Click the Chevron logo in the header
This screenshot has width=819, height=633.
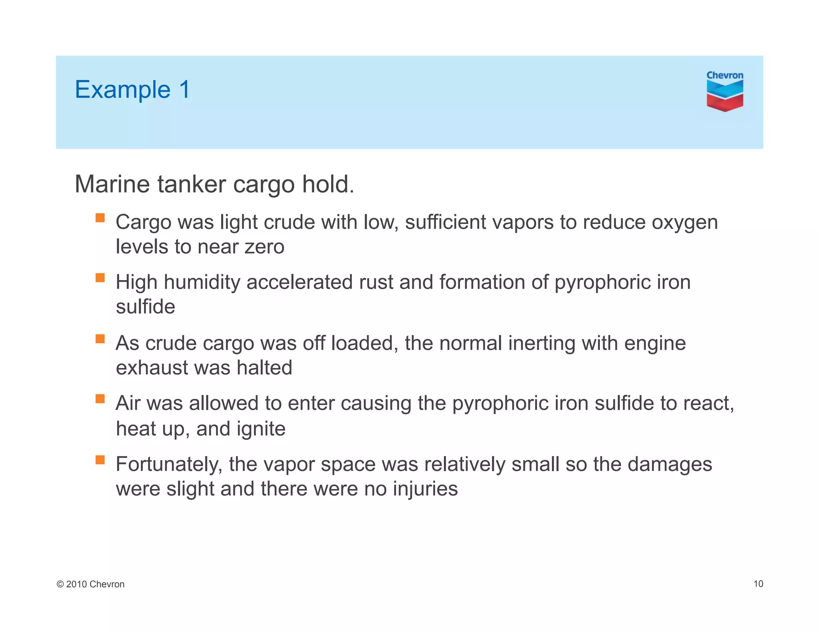coord(724,91)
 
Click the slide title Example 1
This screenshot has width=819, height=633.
coord(132,89)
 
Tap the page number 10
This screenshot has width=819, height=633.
coord(758,584)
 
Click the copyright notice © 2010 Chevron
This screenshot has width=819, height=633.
coord(91,584)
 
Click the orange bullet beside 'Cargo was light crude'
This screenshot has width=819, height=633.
coord(100,218)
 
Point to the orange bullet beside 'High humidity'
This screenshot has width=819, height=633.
coord(100,278)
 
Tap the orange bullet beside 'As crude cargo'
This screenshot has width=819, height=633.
coord(100,339)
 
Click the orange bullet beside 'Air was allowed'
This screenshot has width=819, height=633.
coord(100,399)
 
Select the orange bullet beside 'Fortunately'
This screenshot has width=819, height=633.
coord(100,460)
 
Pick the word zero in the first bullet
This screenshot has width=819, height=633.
coord(264,247)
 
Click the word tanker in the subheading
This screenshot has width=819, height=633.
coord(192,184)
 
